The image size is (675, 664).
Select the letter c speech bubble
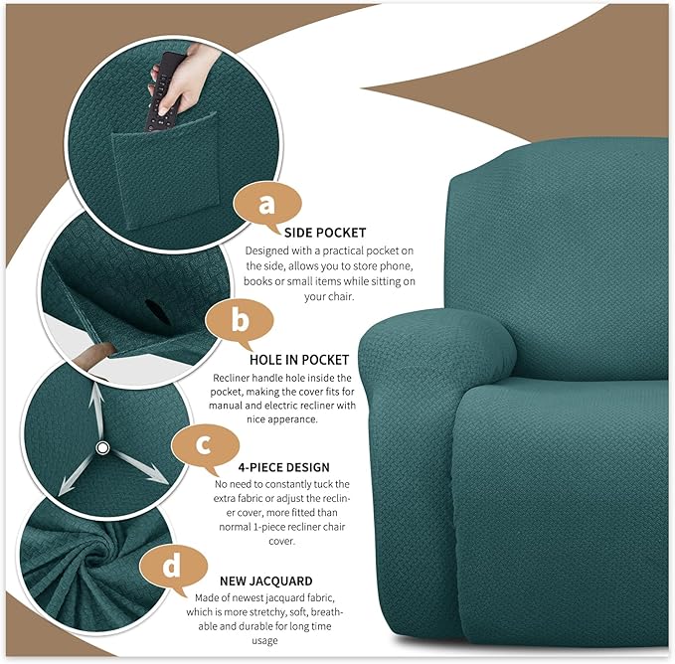(204, 443)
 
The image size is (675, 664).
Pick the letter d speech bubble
(172, 567)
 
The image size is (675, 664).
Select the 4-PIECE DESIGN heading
(285, 467)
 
